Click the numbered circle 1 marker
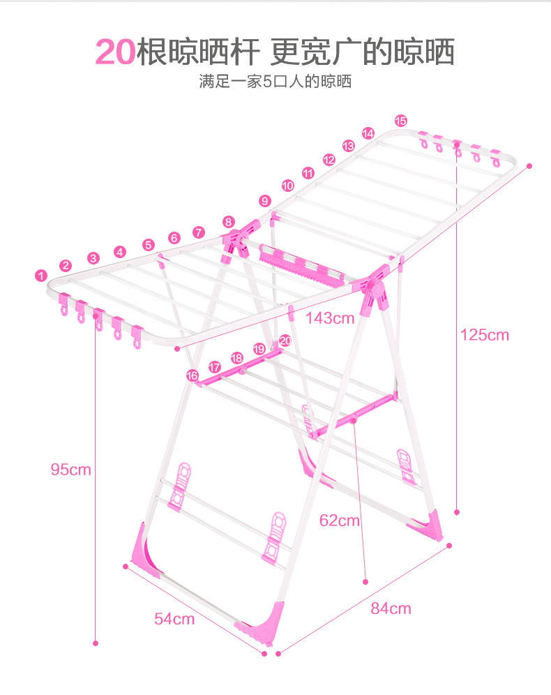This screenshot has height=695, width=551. [40, 276]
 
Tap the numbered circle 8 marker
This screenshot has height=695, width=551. [229, 222]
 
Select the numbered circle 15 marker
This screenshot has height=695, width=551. [400, 120]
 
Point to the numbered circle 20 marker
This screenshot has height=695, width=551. [284, 341]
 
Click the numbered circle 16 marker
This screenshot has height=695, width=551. [193, 375]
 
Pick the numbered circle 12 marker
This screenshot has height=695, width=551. [329, 159]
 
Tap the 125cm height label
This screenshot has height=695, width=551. [485, 335]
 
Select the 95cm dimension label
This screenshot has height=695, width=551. [70, 469]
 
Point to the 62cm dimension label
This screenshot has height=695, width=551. [340, 520]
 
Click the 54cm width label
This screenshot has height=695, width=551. [174, 618]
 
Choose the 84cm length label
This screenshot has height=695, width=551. [391, 608]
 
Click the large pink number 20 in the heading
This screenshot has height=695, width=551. [116, 52]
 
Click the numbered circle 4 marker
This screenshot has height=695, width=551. [120, 252]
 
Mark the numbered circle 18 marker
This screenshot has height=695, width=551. [236, 358]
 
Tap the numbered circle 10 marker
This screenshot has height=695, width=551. [287, 186]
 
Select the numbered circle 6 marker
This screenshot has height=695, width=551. [174, 238]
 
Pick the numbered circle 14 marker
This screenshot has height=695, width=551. [368, 133]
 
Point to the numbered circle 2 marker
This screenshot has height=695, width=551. [66, 265]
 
